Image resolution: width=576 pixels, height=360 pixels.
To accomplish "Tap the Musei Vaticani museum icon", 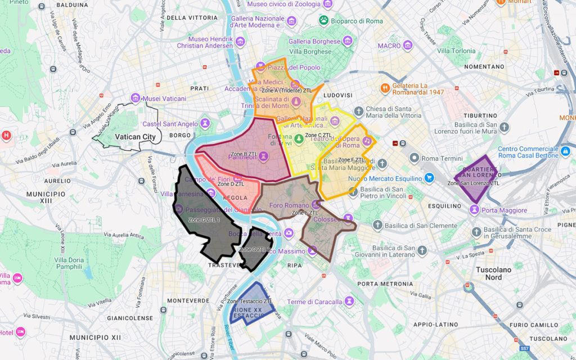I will [x=135, y=98].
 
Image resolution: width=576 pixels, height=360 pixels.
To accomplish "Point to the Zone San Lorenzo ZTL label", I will [x=473, y=183].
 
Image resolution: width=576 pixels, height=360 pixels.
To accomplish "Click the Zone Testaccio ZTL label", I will [x=250, y=301].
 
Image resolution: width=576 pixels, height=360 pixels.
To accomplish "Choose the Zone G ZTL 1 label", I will [x=204, y=219].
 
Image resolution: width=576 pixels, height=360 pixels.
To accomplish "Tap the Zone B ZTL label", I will [x=247, y=154].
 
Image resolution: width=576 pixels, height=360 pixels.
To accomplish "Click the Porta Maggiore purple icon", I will [x=475, y=210].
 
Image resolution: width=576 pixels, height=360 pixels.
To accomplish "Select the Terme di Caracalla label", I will [x=314, y=301].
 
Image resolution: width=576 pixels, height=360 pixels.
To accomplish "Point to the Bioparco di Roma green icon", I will [x=323, y=20].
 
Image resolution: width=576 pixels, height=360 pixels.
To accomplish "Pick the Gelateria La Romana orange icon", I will [x=385, y=88].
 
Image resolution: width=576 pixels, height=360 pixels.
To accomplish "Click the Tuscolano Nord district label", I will [x=494, y=273].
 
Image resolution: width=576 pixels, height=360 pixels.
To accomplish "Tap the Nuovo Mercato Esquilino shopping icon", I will [x=429, y=178].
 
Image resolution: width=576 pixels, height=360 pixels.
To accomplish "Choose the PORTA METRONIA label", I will [x=385, y=283].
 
